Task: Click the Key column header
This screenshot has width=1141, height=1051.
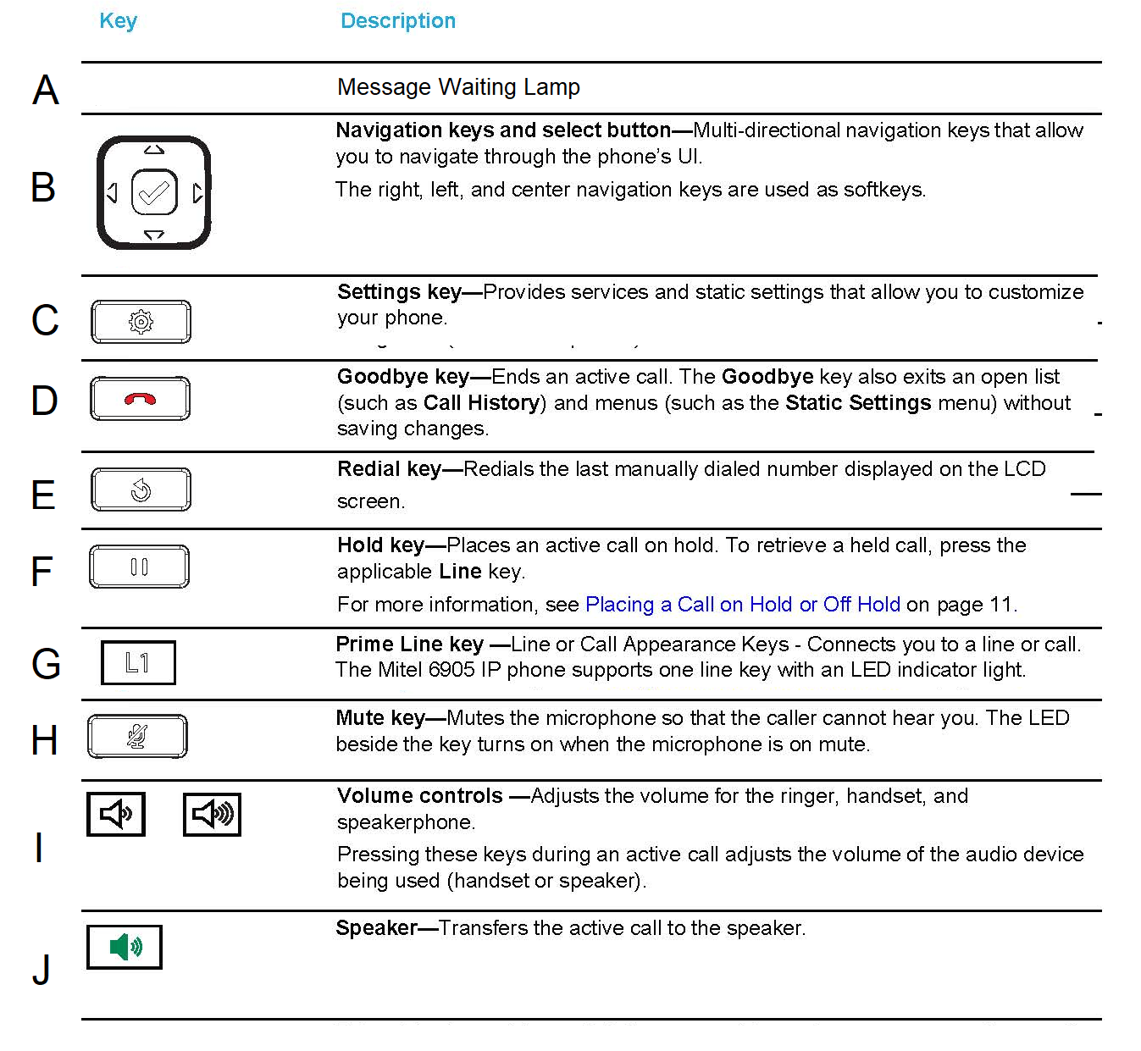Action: pyautogui.click(x=118, y=21)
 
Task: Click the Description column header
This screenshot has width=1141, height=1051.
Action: pyautogui.click(x=397, y=21)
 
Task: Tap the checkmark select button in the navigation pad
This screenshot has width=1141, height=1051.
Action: pyautogui.click(x=154, y=194)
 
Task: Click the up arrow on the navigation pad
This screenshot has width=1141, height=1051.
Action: pyautogui.click(x=154, y=150)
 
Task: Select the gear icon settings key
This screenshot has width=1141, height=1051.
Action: pyautogui.click(x=141, y=322)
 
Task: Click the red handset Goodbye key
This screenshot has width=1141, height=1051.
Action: pyautogui.click(x=140, y=399)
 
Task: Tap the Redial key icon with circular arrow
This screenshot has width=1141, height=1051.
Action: pyautogui.click(x=141, y=490)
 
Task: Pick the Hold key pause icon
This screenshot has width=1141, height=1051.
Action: pyautogui.click(x=139, y=567)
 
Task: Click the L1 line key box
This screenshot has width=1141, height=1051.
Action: pyautogui.click(x=138, y=662)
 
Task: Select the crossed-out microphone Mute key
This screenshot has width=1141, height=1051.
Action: pyautogui.click(x=137, y=737)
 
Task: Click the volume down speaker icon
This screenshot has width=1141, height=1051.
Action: pyautogui.click(x=116, y=814)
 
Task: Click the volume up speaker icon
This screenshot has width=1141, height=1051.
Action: pyautogui.click(x=212, y=814)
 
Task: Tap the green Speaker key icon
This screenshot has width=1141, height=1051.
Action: pyautogui.click(x=125, y=946)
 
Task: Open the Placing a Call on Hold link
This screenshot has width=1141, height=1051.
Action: pyautogui.click(x=742, y=605)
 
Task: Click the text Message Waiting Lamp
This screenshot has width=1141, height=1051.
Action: pyautogui.click(x=458, y=87)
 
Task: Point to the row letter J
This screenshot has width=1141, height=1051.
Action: pyautogui.click(x=42, y=970)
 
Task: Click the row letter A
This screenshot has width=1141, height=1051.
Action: pyautogui.click(x=46, y=90)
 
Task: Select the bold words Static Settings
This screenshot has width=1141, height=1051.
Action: pyautogui.click(x=857, y=403)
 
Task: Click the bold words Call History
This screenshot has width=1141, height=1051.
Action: pyautogui.click(x=481, y=403)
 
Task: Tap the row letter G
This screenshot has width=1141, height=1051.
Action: pyautogui.click(x=46, y=664)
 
